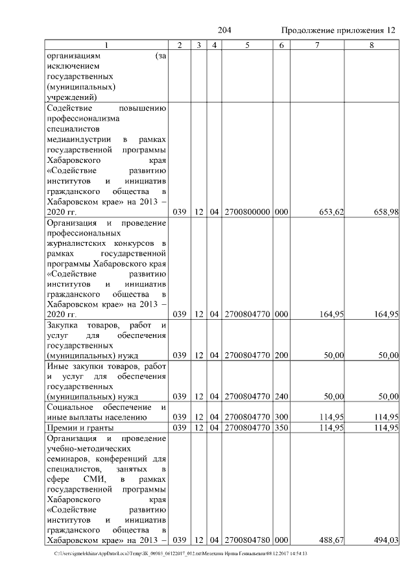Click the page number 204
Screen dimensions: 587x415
[x=224, y=30]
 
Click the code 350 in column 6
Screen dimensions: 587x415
[x=281, y=428]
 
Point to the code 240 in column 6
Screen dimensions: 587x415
[x=281, y=396]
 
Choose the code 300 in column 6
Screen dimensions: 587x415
[x=281, y=417]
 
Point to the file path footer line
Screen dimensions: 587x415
[x=181, y=554]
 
